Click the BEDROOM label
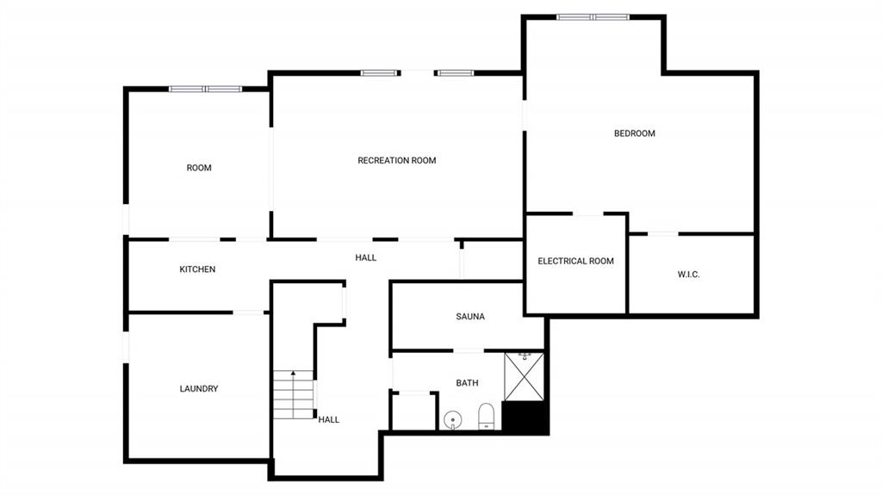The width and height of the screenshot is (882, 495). [634, 133]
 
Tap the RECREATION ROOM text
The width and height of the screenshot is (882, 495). [396, 160]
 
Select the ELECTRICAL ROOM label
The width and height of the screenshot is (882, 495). [575, 261]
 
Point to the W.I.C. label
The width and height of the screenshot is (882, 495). [688, 275]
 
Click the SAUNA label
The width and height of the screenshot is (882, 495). [470, 317]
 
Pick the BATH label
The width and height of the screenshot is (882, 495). [467, 383]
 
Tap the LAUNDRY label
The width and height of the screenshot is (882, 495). [198, 389]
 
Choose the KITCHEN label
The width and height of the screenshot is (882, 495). [197, 269]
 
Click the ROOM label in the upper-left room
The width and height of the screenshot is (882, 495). [199, 168]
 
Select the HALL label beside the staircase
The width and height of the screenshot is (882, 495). [328, 420]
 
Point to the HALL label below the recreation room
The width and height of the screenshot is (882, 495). [365, 257]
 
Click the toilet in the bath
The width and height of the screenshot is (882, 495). [486, 416]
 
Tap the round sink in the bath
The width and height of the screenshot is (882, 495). [452, 420]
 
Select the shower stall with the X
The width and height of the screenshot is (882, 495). [524, 375]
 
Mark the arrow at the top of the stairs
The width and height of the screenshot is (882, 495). [293, 374]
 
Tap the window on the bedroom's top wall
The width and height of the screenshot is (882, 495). [593, 16]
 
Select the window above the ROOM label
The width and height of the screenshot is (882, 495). [206, 89]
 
